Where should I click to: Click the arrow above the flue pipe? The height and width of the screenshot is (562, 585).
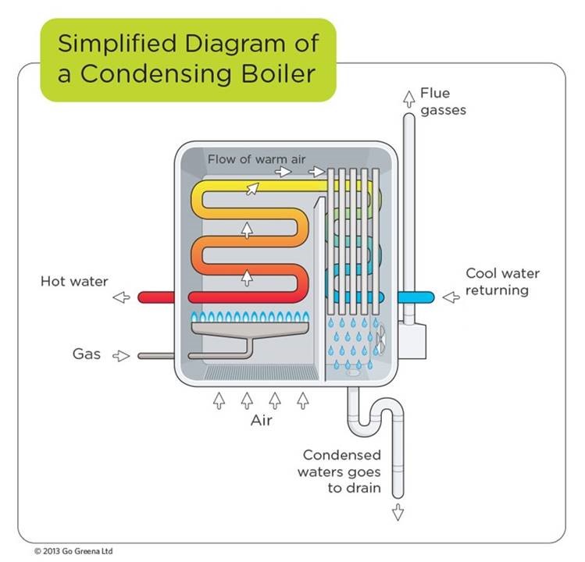click(408, 97)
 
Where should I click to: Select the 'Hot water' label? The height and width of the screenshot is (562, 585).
click(74, 281)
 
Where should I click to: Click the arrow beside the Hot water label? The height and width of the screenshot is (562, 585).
click(120, 297)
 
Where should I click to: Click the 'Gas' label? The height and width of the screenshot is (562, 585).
click(87, 354)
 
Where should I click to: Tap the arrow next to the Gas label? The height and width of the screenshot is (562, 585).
click(120, 356)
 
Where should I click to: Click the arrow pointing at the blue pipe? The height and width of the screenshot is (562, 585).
click(451, 297)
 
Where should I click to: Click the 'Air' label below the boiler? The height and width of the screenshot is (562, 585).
click(260, 421)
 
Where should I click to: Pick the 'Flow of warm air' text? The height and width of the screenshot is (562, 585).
click(256, 159)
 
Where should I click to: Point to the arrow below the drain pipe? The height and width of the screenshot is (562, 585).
click(398, 512)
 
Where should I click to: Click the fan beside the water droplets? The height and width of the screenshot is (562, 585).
click(381, 341)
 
